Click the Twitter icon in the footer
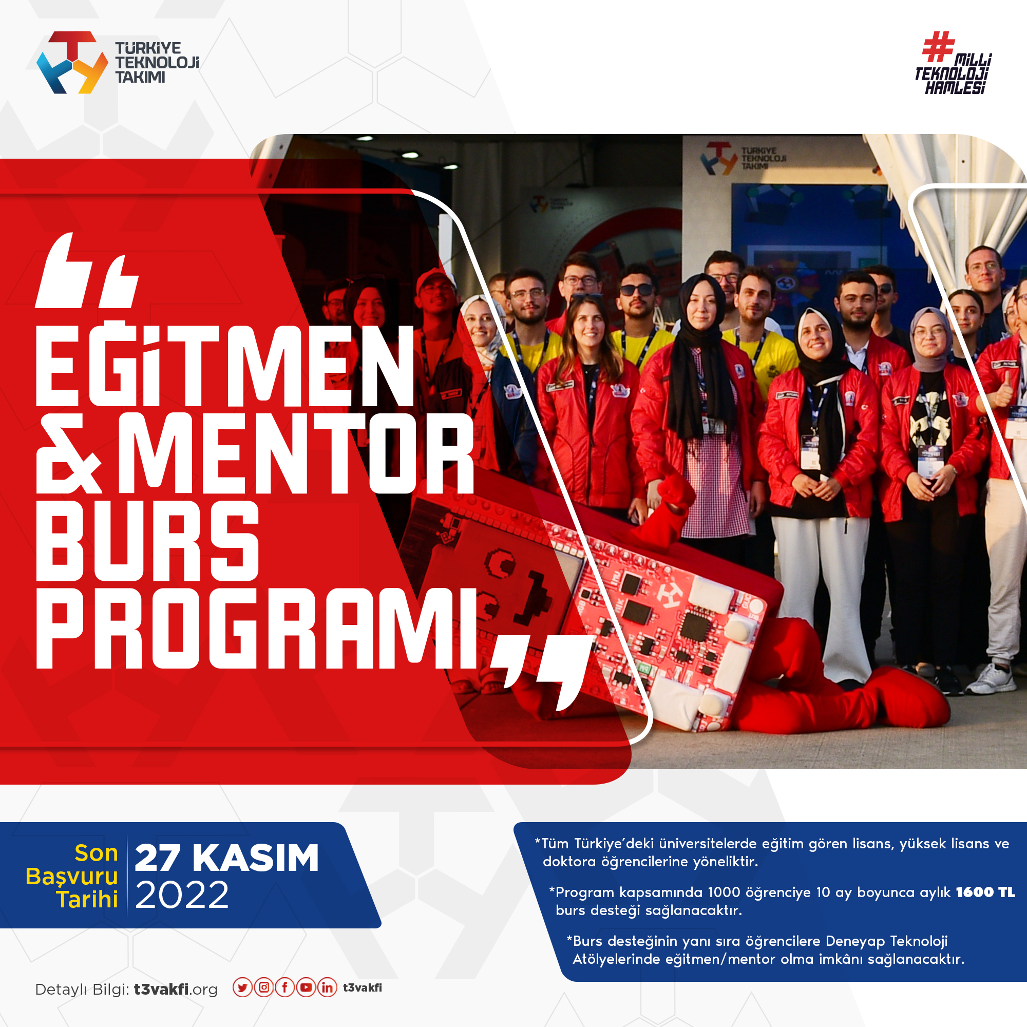point(242,987)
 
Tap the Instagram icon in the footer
point(263,987)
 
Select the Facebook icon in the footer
point(285,987)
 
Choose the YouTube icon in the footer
point(306,987)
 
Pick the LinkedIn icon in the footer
point(328,987)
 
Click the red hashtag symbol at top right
point(938,47)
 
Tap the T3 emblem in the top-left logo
point(72,63)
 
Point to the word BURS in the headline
point(147,541)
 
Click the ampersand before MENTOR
point(69,453)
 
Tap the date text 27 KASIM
point(226,858)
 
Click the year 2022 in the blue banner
point(182,895)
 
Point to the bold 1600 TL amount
point(985,892)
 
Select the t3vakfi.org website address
point(176,990)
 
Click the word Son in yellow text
point(96,853)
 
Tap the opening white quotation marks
point(87,271)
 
